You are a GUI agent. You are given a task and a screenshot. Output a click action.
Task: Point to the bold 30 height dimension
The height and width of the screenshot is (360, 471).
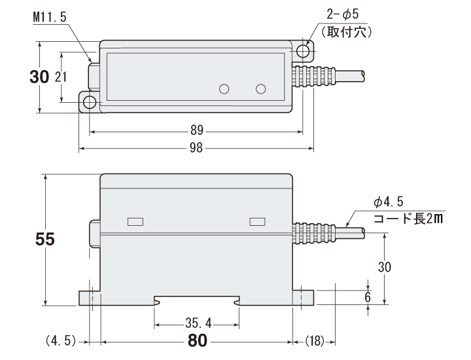39,77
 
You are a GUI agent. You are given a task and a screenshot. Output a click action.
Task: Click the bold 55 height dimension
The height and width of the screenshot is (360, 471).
45,240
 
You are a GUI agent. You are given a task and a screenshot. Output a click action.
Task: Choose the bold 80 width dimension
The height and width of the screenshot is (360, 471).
198,340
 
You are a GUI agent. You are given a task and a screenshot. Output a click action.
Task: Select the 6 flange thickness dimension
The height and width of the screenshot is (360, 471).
368,297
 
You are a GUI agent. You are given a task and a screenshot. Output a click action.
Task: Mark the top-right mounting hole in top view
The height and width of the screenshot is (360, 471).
303,50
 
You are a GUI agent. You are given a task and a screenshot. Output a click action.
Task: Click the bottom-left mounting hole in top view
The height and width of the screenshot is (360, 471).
88,103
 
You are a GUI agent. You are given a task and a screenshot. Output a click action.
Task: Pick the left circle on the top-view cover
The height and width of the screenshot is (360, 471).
224,89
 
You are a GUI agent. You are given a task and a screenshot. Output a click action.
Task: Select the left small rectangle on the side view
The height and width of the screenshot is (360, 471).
135,221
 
